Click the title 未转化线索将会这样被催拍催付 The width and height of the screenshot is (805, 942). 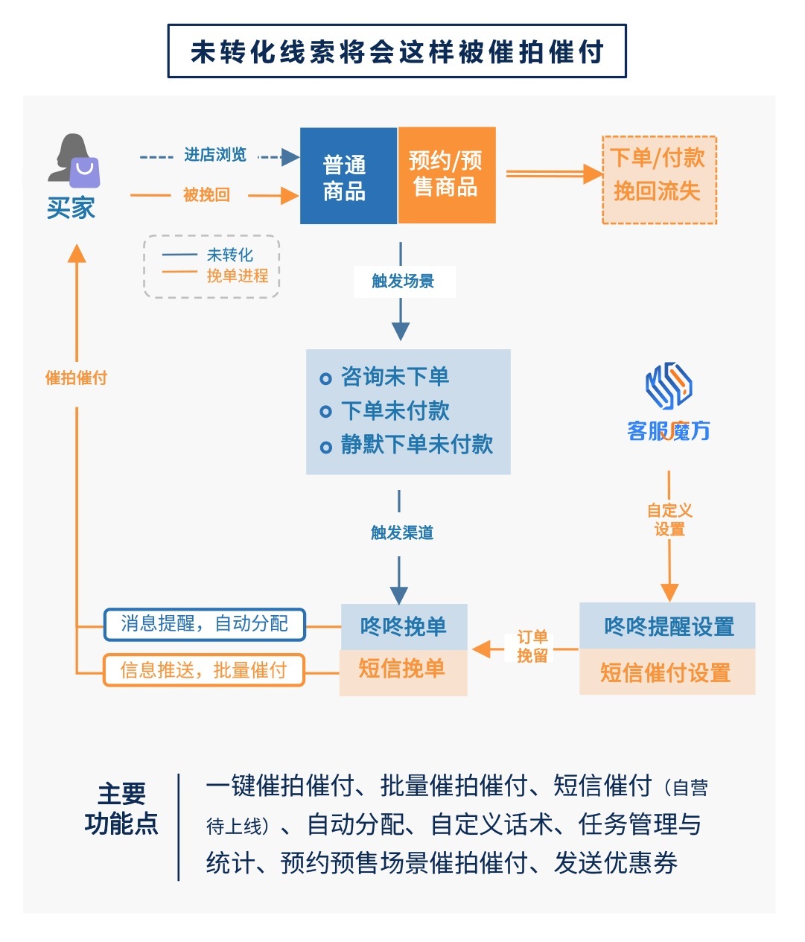pos(397,51)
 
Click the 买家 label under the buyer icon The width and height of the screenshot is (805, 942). pos(71,208)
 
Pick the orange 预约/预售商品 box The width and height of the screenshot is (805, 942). pos(447,175)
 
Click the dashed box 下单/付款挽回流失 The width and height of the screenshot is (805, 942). pos(658,179)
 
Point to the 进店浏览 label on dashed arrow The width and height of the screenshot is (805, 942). pos(214,155)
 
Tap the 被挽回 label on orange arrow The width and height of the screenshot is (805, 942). pos(206,195)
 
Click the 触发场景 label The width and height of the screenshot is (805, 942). pos(402,281)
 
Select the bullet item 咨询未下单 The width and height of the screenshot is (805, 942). pos(395,377)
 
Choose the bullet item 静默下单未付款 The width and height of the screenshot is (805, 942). pos(416,445)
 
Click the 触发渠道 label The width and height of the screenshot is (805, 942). pos(402,532)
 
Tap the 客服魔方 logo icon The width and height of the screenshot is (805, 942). pos(668,385)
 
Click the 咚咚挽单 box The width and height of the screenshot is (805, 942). pos(403,626)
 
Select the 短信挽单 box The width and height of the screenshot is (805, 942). pos(402,669)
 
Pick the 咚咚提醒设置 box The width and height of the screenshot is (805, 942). pos(668,626)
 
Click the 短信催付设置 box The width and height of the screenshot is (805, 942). pos(666,673)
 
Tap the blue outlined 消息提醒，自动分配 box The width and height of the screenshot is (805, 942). pos(204,624)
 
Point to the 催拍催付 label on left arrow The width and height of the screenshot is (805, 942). pos(76,378)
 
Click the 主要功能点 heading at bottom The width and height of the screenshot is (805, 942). pos(121,809)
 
